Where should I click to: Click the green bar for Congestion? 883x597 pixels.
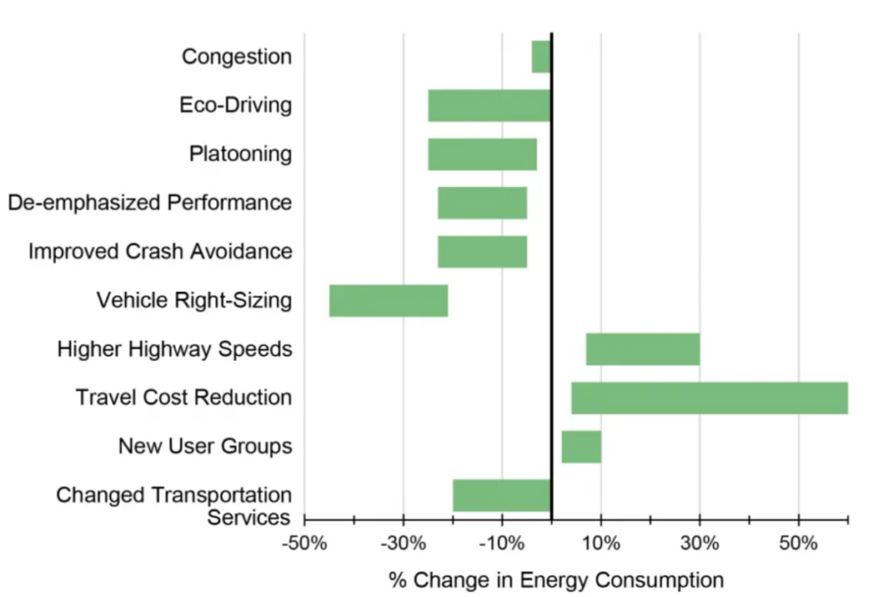pos(541,57)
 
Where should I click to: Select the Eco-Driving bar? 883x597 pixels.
pos(489,105)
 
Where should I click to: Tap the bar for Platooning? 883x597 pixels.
pos(482,154)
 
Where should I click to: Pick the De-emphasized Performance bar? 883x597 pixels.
pos(482,202)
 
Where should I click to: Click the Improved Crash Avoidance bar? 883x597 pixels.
pos(482,252)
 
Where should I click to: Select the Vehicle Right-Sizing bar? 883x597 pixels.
pos(388,300)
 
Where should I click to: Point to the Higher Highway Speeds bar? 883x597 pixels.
pos(642,349)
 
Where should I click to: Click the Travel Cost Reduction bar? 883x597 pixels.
pos(709,398)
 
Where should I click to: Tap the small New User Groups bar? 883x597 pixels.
pos(581,447)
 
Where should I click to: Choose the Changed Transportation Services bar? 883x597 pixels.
pos(501,495)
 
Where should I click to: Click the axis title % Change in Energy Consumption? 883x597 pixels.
pos(556,579)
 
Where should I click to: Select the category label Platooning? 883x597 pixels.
pos(240,154)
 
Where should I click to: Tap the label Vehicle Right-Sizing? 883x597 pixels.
pos(194,301)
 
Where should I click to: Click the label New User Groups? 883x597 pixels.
pos(205,447)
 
